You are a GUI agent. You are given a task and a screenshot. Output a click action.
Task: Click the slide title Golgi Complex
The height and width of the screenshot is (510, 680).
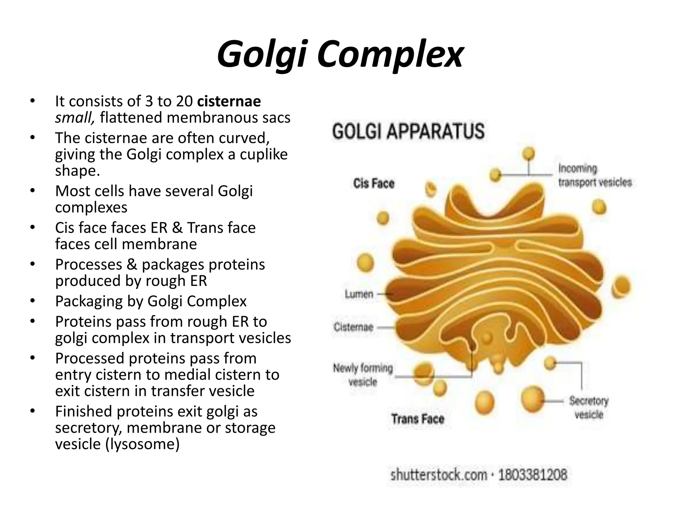(340, 55)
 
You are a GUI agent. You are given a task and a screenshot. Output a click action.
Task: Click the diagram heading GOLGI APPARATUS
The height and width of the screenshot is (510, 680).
(408, 131)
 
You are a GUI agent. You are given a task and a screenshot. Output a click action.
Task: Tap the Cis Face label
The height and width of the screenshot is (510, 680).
(374, 183)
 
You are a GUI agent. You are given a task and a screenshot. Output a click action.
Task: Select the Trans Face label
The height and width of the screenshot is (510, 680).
(417, 419)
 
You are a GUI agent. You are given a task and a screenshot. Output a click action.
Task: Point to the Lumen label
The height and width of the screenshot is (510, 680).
(359, 294)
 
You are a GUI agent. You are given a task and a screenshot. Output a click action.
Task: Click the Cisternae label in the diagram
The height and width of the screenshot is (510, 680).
(353, 327)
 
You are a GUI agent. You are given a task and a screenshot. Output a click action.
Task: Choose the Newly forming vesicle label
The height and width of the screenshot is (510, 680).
(363, 375)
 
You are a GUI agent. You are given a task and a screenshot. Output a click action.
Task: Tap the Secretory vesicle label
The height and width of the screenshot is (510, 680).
(589, 407)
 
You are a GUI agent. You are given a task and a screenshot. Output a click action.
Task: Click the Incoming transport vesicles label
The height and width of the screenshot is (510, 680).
(595, 175)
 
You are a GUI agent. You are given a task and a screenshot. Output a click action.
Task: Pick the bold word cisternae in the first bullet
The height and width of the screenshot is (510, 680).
(229, 101)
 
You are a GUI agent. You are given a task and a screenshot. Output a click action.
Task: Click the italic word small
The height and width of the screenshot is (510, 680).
(75, 118)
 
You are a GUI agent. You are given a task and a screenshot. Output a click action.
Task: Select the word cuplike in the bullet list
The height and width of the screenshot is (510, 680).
(264, 154)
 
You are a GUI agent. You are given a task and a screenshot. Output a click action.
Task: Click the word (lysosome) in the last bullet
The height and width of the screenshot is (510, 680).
(142, 444)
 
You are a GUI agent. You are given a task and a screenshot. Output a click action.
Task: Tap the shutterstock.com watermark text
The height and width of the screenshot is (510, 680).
(439, 474)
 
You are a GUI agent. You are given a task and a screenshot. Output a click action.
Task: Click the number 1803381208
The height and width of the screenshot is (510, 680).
(533, 474)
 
